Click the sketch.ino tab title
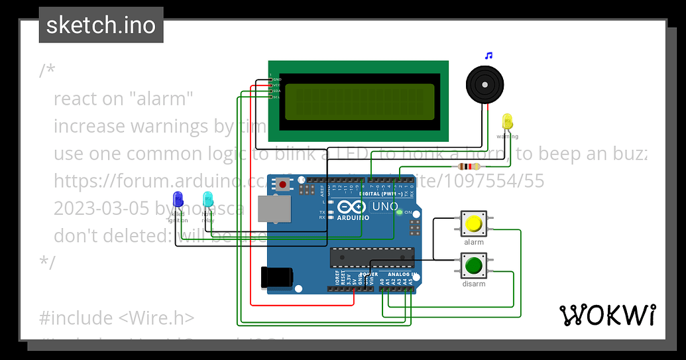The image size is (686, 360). click(x=101, y=25)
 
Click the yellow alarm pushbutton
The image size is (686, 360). click(x=473, y=224)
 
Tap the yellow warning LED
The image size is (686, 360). click(x=508, y=121)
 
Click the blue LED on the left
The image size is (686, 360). click(x=178, y=199)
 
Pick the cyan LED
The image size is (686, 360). click(x=208, y=198)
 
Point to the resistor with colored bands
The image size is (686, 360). click(x=468, y=166)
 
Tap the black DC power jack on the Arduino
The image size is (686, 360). click(x=276, y=276)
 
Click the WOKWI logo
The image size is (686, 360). click(x=608, y=316)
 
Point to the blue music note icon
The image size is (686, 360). click(x=488, y=56)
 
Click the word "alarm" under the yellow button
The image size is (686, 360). click(x=474, y=243)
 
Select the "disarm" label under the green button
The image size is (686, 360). click(x=474, y=284)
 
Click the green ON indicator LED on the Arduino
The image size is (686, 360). click(x=399, y=212)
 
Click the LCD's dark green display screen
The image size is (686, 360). click(x=359, y=101)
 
